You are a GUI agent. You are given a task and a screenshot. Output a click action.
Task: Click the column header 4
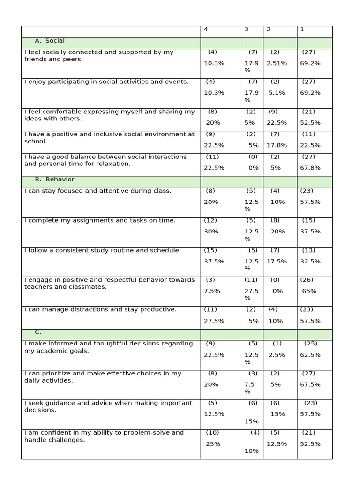206,30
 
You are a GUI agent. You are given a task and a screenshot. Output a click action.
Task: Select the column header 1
302,30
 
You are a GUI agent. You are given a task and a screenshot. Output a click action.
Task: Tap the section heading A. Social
50,41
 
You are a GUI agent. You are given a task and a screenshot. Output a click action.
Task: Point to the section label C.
38,332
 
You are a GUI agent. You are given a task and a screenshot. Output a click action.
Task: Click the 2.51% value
276,63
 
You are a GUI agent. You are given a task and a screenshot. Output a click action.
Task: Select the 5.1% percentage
277,93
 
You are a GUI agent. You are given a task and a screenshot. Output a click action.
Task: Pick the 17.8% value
277,145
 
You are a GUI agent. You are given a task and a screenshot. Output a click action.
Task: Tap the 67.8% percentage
310,168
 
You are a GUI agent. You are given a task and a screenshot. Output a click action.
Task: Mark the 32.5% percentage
310,262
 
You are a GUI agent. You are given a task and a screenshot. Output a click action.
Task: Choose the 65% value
309,291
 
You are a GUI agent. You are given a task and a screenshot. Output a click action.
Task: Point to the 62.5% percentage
310,355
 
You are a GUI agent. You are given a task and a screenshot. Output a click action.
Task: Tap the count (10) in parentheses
212,433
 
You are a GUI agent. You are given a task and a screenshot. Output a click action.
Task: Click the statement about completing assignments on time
100,220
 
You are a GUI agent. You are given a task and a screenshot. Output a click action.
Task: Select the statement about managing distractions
100,309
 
